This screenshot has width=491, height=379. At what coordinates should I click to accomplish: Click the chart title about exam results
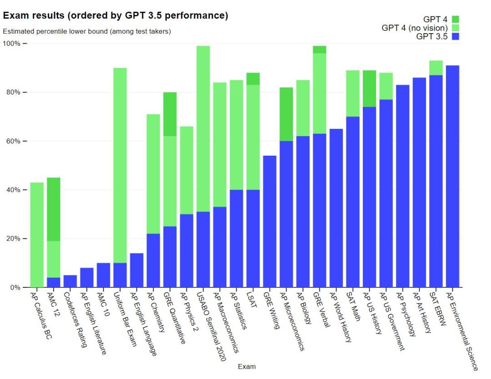115,16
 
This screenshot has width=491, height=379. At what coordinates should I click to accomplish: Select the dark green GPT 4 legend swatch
456,20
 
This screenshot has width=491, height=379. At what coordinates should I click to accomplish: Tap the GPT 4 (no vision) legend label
415,28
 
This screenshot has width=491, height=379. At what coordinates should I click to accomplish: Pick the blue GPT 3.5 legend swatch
456,36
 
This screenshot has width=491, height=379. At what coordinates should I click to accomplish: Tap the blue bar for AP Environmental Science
453,177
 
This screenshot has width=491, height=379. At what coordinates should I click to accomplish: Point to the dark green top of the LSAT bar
253,79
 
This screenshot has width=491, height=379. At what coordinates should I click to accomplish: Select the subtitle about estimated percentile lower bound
87,32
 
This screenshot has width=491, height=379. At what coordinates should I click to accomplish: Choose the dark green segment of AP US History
370,89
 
